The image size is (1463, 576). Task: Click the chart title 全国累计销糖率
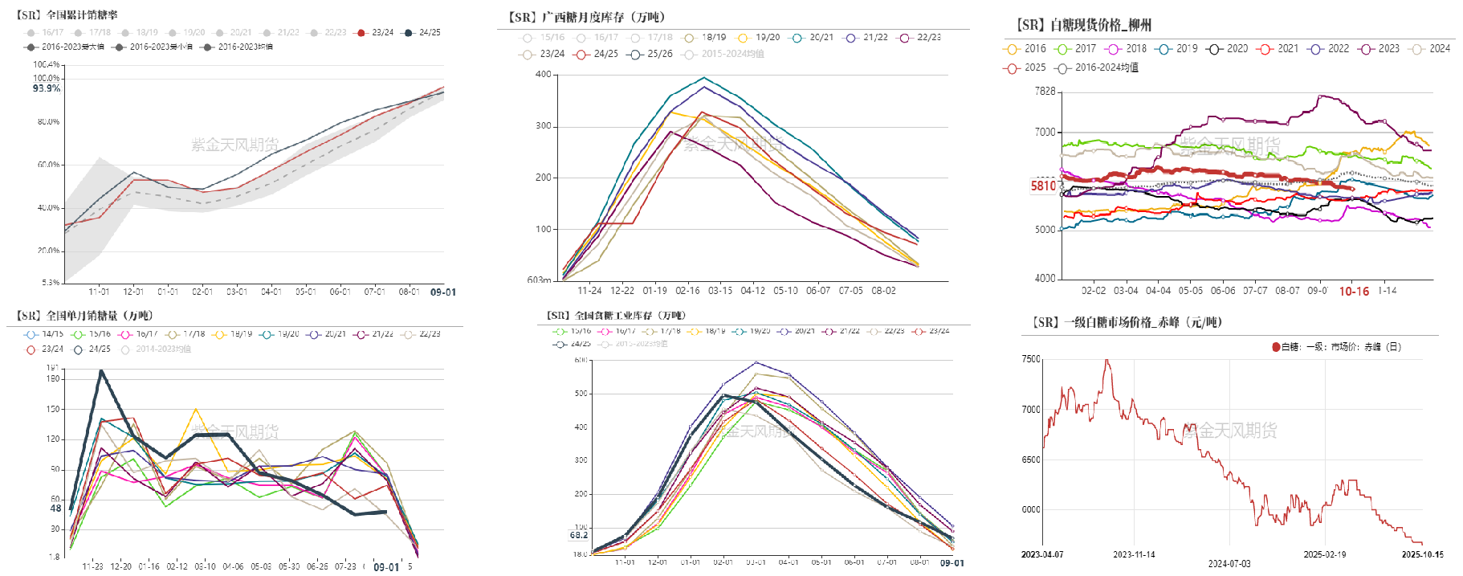pyautogui.click(x=67, y=14)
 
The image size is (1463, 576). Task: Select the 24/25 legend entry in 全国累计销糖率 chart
pyautogui.click(x=422, y=33)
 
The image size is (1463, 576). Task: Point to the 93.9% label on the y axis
pyautogui.click(x=47, y=88)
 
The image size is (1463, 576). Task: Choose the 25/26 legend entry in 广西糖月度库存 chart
pyautogui.click(x=652, y=54)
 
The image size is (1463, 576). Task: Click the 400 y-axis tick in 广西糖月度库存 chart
pyautogui.click(x=543, y=75)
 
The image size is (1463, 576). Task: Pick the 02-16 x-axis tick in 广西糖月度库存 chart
pyautogui.click(x=687, y=291)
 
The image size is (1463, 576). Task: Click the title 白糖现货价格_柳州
pyautogui.click(x=1084, y=25)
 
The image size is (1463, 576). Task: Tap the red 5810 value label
pyautogui.click(x=1043, y=186)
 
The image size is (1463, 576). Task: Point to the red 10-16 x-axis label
pyautogui.click(x=1354, y=291)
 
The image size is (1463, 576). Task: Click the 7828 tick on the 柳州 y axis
pyautogui.click(x=1045, y=92)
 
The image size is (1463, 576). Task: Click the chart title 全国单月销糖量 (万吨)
pyautogui.click(x=85, y=316)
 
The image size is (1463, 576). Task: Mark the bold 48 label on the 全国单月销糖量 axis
pyautogui.click(x=55, y=509)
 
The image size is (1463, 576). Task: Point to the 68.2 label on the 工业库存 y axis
pyautogui.click(x=578, y=535)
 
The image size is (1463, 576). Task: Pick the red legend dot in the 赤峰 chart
pyautogui.click(x=1276, y=347)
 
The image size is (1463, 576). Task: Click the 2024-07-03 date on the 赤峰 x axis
pyautogui.click(x=1229, y=564)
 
